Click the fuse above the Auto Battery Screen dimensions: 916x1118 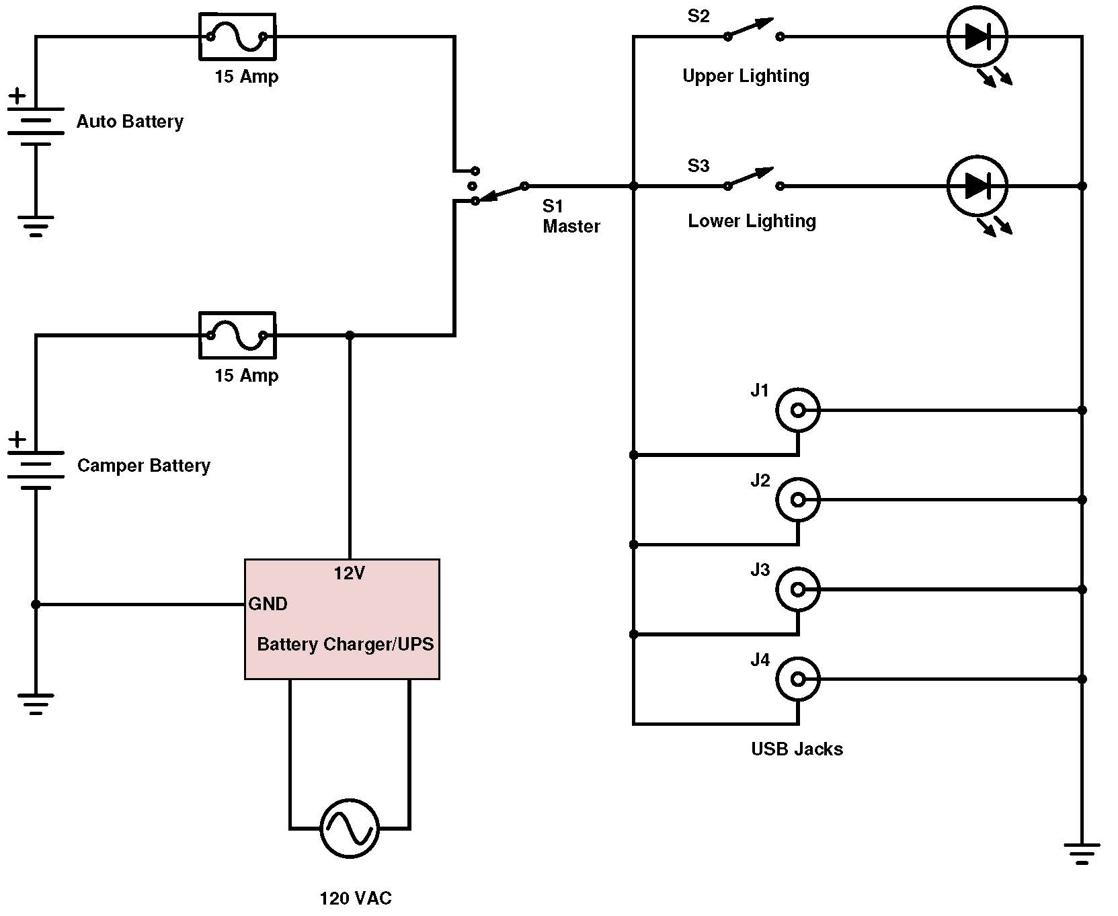coord(237,37)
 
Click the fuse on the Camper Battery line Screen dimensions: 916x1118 coord(237,335)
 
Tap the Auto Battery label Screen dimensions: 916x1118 coord(130,122)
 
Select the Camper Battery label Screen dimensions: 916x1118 coord(144,466)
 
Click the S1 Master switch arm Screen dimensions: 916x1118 coord(500,193)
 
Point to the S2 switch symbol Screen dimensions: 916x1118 coord(753,30)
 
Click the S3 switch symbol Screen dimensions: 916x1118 coord(753,179)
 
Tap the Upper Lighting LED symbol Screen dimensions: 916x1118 coord(977,37)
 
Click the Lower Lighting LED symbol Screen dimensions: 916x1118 coord(977,185)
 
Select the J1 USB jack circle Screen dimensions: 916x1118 coord(797,410)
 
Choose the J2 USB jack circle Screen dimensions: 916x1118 coord(797,500)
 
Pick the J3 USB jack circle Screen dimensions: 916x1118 coord(797,589)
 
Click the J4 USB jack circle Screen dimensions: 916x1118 coord(797,679)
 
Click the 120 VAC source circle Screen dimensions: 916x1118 coord(350,828)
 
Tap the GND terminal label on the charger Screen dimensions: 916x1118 coord(268,604)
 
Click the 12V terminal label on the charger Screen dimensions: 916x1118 coord(350,573)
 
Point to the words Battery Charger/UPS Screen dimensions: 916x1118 coord(345,644)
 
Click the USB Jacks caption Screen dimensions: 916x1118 coord(797,749)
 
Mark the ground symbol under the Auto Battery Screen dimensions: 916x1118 coord(36,226)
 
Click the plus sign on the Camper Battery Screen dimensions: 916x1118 coord(17,440)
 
